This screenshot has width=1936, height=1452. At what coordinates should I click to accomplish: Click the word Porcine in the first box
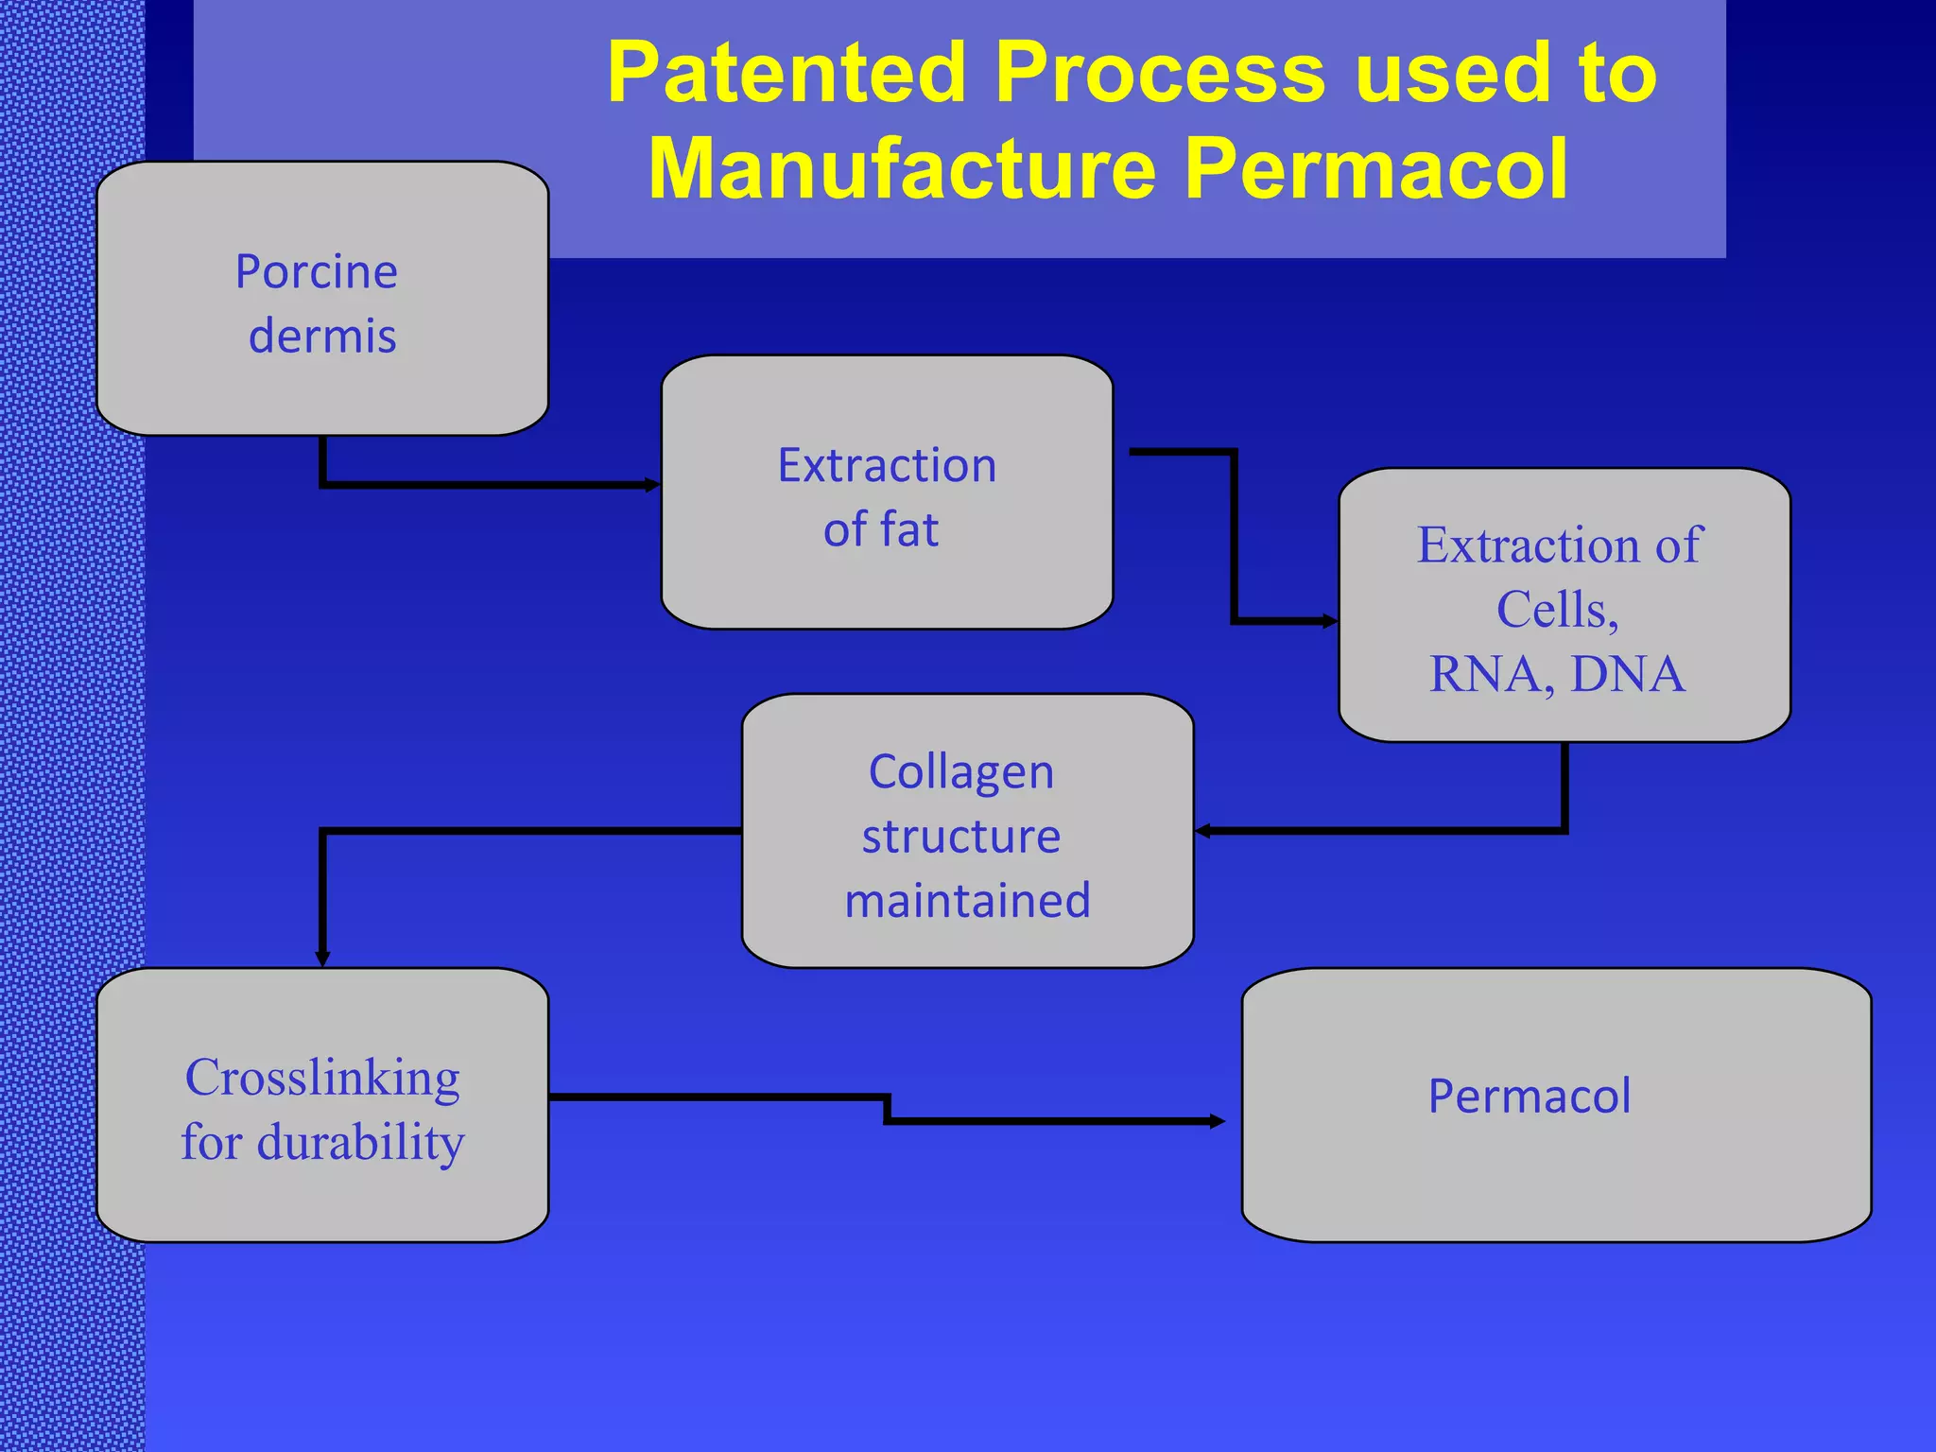click(317, 272)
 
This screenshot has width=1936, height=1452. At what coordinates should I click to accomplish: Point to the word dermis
click(322, 337)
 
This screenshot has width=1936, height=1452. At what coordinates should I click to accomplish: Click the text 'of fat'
click(881, 529)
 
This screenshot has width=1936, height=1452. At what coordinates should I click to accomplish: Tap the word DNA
click(1628, 674)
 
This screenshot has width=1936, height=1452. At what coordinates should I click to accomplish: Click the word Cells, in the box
click(1558, 610)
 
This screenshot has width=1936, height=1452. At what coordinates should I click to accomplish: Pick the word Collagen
click(961, 772)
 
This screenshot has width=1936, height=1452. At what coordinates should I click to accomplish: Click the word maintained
click(968, 901)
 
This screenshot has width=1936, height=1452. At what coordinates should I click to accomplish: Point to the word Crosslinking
click(322, 1078)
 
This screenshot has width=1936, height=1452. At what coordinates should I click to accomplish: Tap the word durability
click(361, 1142)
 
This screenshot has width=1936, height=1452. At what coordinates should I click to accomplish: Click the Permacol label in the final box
click(1530, 1097)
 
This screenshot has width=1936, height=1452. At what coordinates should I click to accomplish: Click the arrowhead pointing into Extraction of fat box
click(653, 485)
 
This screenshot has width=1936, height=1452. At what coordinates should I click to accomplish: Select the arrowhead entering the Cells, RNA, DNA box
click(1330, 621)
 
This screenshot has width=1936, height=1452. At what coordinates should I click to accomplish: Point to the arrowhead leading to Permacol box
click(1218, 1121)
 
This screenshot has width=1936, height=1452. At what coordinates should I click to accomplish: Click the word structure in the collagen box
click(961, 837)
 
